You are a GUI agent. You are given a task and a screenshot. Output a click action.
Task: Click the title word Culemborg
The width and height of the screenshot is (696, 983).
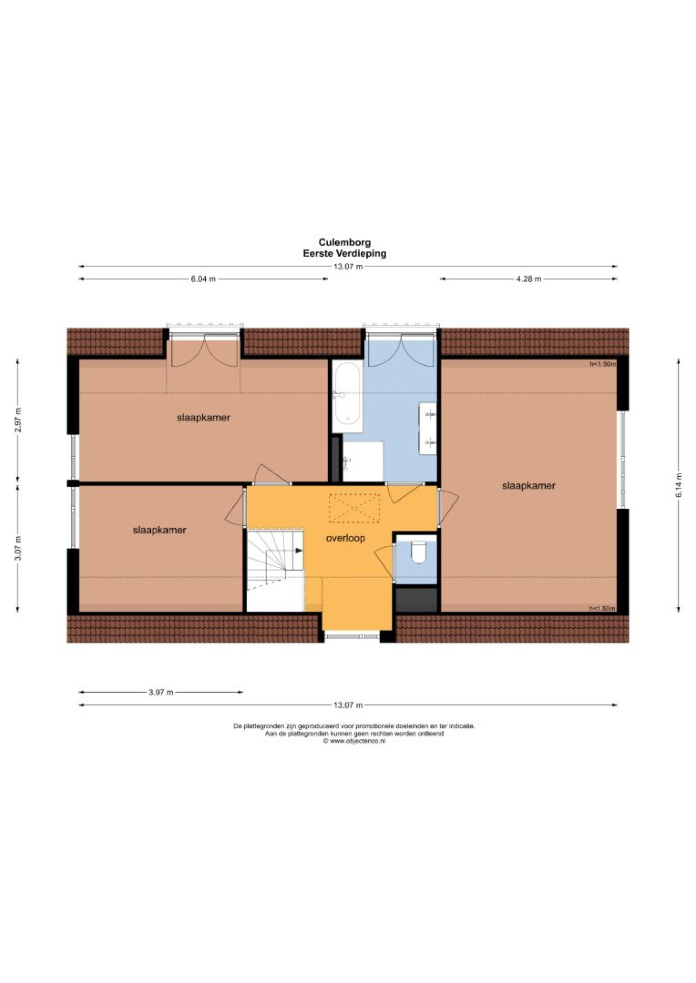point(344,242)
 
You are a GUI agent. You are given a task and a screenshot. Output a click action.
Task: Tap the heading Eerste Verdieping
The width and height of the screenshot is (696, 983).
point(344,253)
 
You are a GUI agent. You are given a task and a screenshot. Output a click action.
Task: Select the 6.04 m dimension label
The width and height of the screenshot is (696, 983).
point(203,279)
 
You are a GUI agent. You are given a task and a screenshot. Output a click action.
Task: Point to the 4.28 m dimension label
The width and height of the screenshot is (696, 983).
point(528,279)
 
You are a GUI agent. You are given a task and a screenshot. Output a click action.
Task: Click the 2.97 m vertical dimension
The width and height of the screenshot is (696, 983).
point(18,420)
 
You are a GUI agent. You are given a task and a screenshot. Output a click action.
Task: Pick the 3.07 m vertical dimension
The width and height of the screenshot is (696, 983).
point(18,548)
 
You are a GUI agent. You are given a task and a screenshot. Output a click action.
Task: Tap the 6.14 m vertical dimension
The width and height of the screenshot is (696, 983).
point(679,485)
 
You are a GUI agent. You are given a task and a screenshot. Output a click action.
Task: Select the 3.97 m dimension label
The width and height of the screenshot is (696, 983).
point(161,692)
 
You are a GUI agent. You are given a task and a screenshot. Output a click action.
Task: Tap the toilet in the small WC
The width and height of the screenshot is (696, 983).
point(418,552)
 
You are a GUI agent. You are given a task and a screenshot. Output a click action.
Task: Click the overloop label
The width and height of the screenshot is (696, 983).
point(345,538)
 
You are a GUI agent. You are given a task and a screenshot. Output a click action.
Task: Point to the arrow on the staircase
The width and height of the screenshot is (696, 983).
point(299,551)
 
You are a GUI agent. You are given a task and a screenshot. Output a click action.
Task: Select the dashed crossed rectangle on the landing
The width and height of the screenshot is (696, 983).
point(354,508)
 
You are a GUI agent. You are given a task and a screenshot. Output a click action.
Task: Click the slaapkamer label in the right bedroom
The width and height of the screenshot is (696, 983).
point(528,486)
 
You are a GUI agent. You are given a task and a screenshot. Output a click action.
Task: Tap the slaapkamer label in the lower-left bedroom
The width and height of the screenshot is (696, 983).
point(159,530)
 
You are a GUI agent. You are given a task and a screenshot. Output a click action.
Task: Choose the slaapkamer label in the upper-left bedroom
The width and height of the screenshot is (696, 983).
point(203,418)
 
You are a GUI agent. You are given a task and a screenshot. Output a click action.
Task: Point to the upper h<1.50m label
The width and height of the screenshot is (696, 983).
point(602,364)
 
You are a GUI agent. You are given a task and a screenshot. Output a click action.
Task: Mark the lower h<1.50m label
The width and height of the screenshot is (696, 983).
point(602,608)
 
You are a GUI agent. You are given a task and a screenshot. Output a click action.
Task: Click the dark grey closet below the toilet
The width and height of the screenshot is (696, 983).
point(417,599)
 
